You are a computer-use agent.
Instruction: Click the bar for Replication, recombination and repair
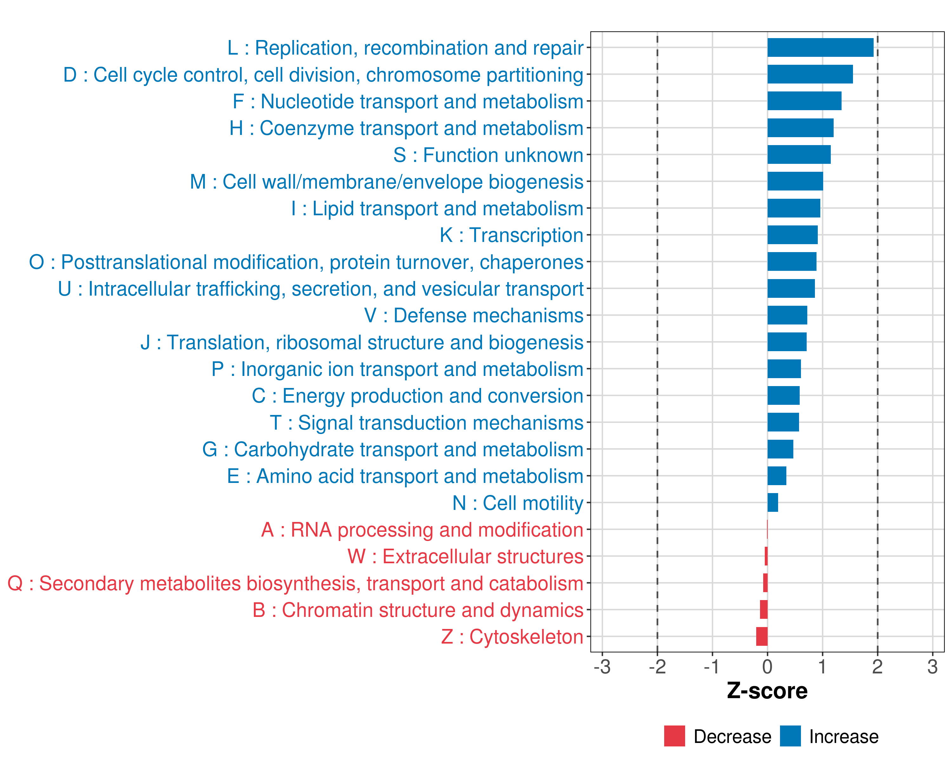(x=820, y=48)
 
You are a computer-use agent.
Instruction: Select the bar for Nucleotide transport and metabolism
(x=804, y=101)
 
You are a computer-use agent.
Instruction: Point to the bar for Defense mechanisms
(x=787, y=315)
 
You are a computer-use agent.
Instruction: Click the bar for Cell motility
(x=773, y=503)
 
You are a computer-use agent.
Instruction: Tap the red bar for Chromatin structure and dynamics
(x=764, y=610)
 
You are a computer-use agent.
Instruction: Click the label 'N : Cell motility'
(x=518, y=503)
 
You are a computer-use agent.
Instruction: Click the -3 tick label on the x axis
(x=602, y=667)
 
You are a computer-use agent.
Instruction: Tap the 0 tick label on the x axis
(x=767, y=667)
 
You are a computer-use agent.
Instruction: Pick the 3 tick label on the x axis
(x=932, y=667)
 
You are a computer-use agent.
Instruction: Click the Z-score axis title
(x=767, y=691)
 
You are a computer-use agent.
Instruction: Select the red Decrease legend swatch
(x=674, y=736)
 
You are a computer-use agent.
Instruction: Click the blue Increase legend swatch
(x=790, y=736)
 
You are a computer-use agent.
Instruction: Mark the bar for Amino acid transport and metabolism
(x=777, y=476)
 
